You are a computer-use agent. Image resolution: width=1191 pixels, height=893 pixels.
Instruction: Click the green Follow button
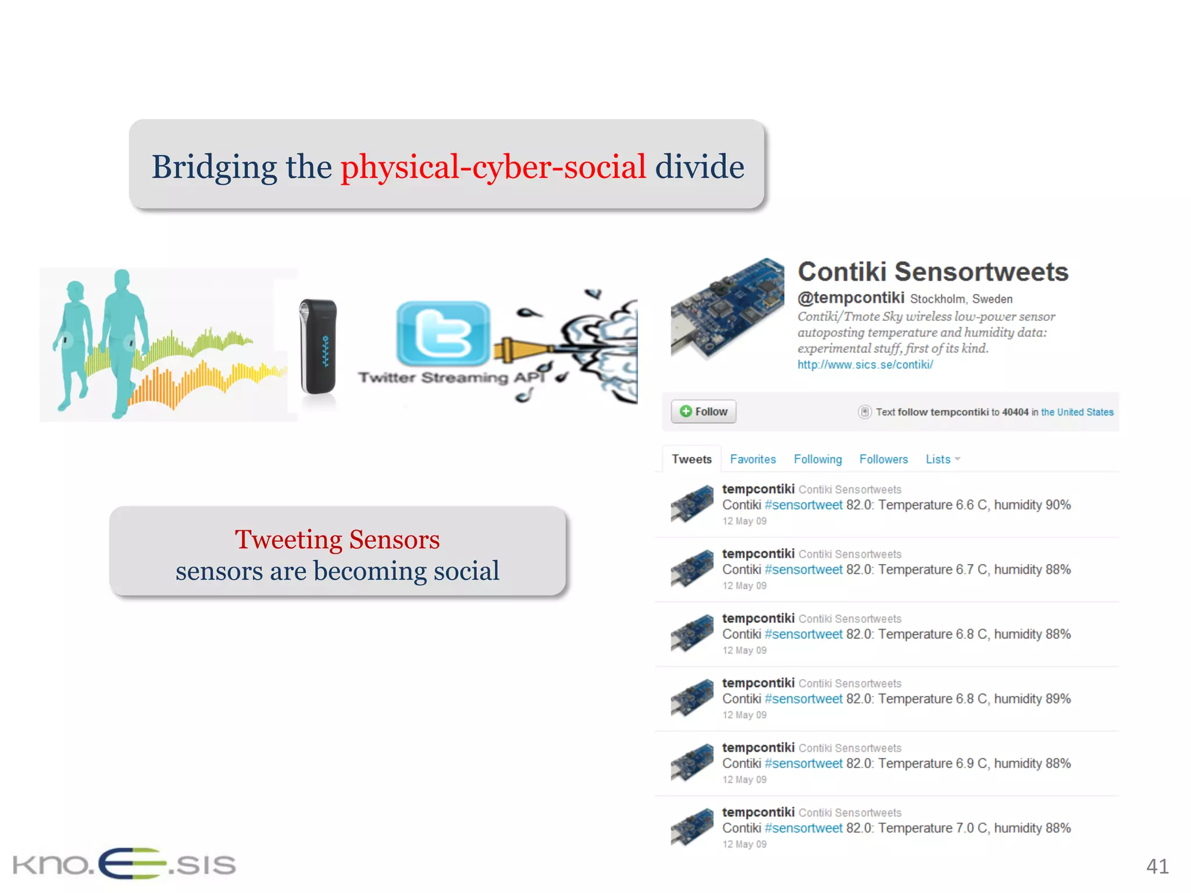click(x=703, y=412)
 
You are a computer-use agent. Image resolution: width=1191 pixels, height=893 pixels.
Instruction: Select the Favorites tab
click(x=753, y=459)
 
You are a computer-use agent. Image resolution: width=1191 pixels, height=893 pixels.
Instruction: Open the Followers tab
click(x=883, y=459)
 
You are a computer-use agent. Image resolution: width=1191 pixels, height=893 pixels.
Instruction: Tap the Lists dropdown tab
click(x=942, y=459)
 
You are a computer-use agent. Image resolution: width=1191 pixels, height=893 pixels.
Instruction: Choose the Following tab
click(x=817, y=459)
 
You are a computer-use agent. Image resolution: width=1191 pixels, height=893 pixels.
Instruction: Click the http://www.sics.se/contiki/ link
click(x=865, y=365)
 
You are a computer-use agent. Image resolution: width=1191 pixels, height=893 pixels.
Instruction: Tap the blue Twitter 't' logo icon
click(x=443, y=333)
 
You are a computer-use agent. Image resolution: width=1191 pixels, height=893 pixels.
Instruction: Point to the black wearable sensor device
click(x=318, y=347)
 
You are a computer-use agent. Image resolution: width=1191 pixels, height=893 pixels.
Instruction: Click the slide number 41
click(x=1157, y=866)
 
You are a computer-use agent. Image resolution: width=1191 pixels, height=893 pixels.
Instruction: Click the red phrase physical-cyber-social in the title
click(x=493, y=167)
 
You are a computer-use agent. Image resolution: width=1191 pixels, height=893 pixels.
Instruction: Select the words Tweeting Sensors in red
click(x=337, y=540)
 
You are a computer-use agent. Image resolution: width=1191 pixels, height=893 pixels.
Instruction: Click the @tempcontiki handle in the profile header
click(x=850, y=298)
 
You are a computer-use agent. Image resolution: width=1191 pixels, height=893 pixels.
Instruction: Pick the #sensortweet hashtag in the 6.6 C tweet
click(x=803, y=505)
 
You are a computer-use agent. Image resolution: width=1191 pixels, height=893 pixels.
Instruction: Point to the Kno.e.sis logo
click(x=124, y=864)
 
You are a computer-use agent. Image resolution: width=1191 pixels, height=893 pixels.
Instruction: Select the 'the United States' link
click(x=1076, y=412)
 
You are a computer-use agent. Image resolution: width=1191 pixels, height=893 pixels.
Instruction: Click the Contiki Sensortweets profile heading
click(x=933, y=272)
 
